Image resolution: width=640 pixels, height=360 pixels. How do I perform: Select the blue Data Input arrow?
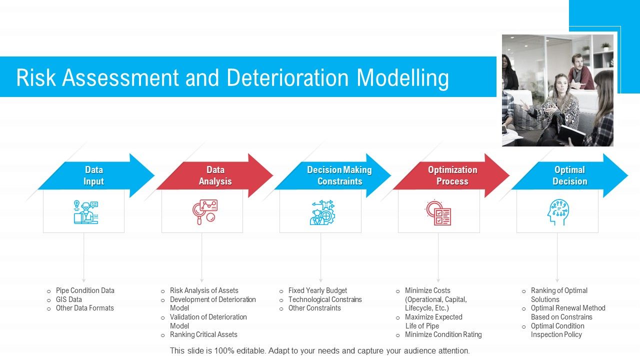click(x=95, y=175)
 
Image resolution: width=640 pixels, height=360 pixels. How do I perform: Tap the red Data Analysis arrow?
click(x=215, y=175)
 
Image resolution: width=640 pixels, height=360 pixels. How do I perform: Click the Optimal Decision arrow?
click(x=569, y=175)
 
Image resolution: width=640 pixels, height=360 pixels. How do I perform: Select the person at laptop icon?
click(x=85, y=212)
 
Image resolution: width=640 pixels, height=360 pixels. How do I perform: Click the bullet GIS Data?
click(x=69, y=299)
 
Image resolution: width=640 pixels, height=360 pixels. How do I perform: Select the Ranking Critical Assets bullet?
click(x=203, y=334)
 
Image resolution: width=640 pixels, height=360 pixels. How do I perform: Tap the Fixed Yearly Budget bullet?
click(x=317, y=290)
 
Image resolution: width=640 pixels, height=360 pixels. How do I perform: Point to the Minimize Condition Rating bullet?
click(x=443, y=334)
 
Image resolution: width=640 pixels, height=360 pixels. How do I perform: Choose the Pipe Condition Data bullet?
click(x=85, y=290)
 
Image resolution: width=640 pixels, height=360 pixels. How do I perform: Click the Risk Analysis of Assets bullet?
click(x=204, y=290)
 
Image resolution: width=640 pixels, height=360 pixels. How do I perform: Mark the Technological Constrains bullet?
click(x=325, y=299)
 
